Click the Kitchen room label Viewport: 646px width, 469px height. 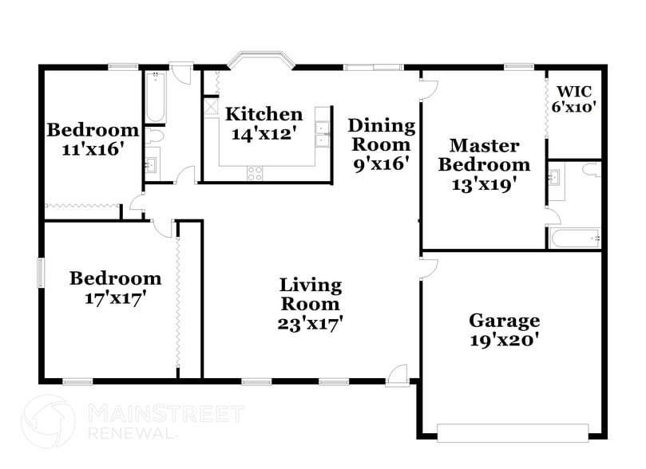point(264,114)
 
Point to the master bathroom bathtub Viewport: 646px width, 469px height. point(574,238)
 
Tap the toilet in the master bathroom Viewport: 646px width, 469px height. point(592,169)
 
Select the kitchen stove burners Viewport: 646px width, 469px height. point(256,171)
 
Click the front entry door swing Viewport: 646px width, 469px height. point(398,374)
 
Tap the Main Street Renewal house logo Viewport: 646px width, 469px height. point(48,421)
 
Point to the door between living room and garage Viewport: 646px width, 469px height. point(427,266)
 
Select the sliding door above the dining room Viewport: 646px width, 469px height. point(373,67)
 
